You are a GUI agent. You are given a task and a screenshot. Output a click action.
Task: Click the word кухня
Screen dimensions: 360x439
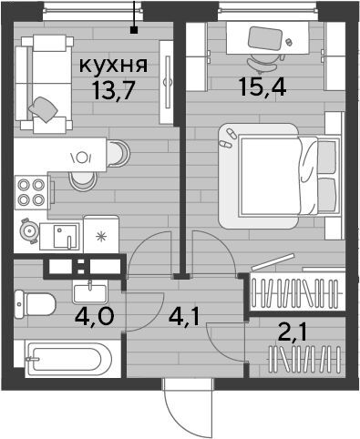click(x=113, y=66)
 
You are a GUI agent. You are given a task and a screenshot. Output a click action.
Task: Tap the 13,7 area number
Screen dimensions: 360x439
click(x=114, y=91)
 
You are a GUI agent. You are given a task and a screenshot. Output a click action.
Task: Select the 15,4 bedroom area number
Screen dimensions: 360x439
click(x=262, y=87)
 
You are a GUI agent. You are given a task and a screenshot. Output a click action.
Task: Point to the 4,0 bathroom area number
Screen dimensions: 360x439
click(x=95, y=316)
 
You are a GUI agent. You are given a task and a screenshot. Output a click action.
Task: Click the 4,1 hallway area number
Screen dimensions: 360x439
click(x=184, y=318)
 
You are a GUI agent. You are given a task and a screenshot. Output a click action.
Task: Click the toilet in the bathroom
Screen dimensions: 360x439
click(x=35, y=304)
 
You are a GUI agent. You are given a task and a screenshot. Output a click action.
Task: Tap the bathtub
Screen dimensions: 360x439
click(x=68, y=359)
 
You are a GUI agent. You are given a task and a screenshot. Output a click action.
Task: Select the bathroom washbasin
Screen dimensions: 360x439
click(x=90, y=292)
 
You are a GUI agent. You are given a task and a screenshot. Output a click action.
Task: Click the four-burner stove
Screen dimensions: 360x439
click(x=31, y=192)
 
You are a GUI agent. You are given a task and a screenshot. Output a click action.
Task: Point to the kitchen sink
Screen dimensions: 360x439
click(x=65, y=236)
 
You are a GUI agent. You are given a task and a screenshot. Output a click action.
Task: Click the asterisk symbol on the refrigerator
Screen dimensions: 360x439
click(x=100, y=237)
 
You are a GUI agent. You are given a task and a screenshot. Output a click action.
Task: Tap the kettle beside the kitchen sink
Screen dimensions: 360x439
click(x=29, y=231)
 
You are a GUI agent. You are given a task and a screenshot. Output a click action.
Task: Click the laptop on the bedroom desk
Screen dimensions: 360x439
click(x=263, y=38)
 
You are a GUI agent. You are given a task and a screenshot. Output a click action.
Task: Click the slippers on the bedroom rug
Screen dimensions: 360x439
click(x=229, y=138)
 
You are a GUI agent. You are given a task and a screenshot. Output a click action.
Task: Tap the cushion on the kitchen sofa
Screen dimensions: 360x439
click(x=44, y=109)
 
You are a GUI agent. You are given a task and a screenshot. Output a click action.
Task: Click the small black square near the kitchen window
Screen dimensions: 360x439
click(x=133, y=30)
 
